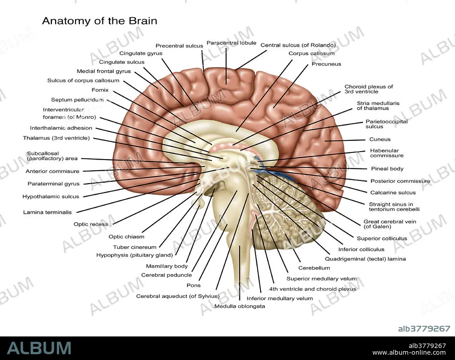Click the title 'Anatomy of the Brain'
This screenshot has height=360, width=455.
point(99,21)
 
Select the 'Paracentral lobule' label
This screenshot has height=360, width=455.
point(231,43)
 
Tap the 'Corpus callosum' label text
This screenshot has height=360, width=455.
point(311,53)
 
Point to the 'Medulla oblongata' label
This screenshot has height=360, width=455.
point(239,306)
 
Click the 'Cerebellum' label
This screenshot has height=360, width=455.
point(314,268)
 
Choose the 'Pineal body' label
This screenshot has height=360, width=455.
point(387,169)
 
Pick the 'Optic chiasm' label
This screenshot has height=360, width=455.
point(126,237)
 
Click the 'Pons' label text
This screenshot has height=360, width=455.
point(193,285)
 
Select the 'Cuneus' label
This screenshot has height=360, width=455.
point(380,140)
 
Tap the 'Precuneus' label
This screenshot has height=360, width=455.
point(326,64)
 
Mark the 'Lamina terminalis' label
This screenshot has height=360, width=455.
point(47,212)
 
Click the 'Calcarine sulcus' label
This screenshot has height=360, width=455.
point(393,192)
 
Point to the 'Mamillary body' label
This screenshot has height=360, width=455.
point(167,266)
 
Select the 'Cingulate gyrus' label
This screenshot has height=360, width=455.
point(140,53)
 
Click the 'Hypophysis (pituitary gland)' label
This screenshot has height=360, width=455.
point(134,255)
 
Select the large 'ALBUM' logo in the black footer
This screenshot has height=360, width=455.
point(39,348)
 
